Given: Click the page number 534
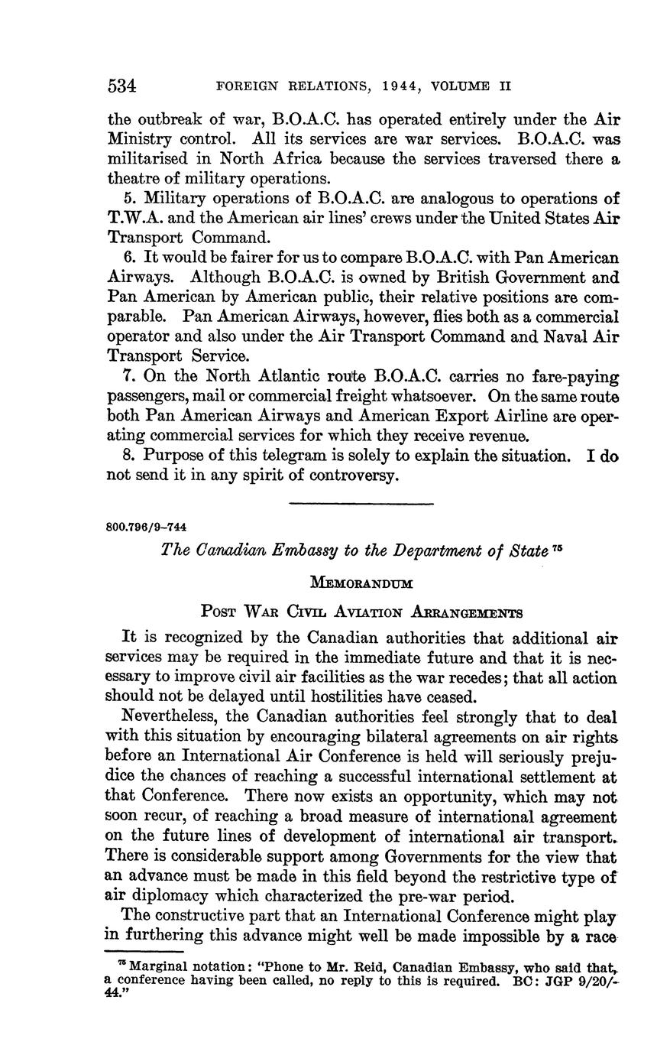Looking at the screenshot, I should coord(122,86).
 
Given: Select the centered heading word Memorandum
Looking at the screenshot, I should coord(361,583).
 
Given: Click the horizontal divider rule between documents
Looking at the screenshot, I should coord(361,503).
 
